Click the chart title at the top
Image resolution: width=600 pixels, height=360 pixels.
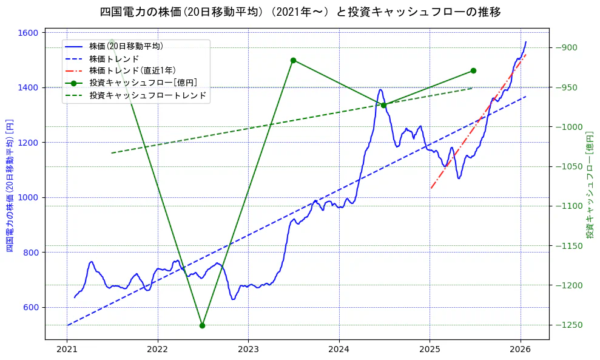(x=300, y=12)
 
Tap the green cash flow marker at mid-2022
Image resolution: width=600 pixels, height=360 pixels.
(x=202, y=325)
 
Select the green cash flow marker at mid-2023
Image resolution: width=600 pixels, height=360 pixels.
(x=293, y=60)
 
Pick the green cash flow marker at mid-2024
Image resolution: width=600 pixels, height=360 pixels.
(x=383, y=105)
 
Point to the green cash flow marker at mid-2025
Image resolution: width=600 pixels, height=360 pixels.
(x=473, y=71)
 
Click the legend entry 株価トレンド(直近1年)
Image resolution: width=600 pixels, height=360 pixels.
(x=132, y=70)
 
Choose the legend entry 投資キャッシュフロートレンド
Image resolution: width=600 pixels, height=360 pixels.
(x=147, y=95)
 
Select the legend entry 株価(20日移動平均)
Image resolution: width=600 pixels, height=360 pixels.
(x=126, y=46)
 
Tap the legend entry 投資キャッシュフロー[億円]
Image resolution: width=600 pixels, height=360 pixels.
(x=143, y=83)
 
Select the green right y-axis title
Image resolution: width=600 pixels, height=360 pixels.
(x=589, y=185)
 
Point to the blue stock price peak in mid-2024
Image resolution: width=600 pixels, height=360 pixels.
(x=380, y=90)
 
